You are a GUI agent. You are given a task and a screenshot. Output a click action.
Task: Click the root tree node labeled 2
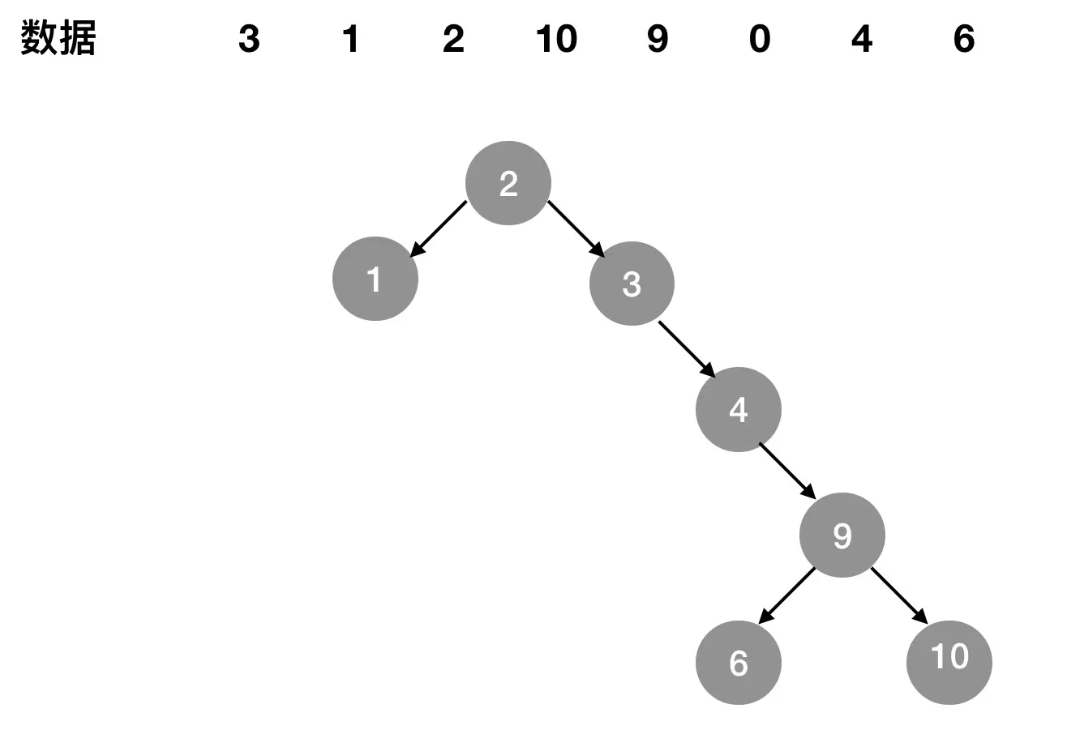pos(508,183)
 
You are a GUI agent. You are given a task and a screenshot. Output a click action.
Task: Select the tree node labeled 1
pos(375,279)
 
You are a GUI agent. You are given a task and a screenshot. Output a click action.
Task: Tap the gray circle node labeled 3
pos(632,284)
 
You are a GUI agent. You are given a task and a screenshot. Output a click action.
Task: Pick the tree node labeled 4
pos(739,409)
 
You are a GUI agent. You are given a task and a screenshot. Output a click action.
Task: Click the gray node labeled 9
pos(842,535)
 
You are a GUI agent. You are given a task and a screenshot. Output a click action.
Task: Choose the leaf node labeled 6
pos(739,663)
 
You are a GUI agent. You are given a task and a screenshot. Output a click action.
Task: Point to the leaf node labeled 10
pos(949,663)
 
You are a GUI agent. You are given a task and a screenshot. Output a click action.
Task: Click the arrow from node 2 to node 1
pos(438,229)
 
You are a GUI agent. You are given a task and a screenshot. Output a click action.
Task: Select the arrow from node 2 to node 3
pos(576,229)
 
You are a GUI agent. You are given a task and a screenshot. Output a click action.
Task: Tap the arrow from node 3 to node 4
pos(687,350)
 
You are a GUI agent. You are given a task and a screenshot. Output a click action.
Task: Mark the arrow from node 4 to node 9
pos(787,472)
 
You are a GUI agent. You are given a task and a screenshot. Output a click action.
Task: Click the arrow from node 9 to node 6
pos(786,595)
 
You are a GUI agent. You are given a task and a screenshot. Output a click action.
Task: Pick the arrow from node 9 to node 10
pos(899,595)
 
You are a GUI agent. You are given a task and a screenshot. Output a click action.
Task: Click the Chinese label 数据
pos(58,38)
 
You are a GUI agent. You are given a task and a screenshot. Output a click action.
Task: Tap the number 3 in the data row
pos(249,39)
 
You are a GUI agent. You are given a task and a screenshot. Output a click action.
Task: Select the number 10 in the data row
pos(556,39)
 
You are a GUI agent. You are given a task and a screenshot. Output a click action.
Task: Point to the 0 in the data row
pos(760,39)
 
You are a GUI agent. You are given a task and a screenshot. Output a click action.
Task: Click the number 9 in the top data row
pos(658,39)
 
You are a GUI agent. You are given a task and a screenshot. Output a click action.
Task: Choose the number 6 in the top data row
pos(964,39)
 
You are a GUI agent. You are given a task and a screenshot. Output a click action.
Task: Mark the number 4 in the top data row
pos(862,39)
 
